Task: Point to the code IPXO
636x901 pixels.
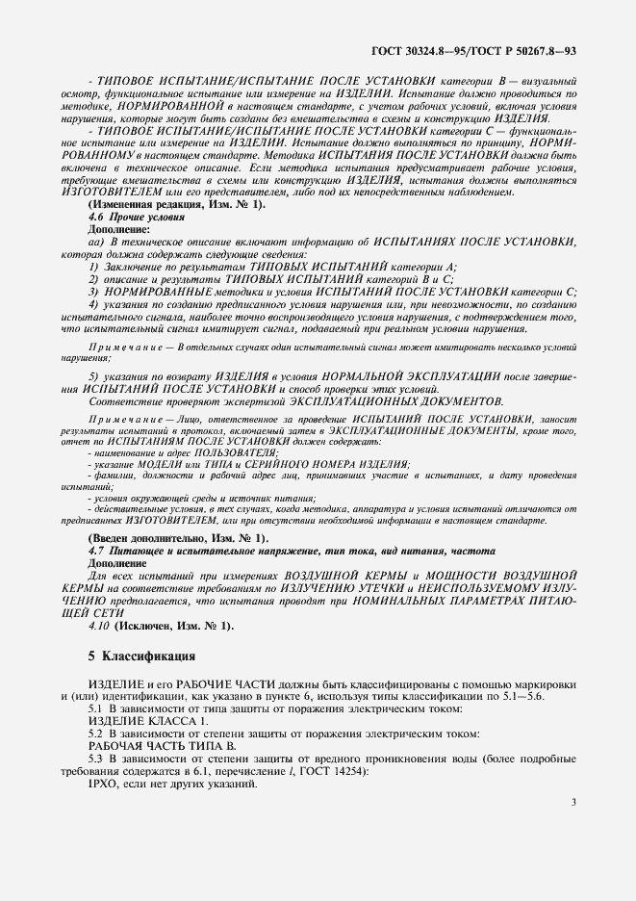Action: [104, 784]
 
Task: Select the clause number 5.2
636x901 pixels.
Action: [96, 734]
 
